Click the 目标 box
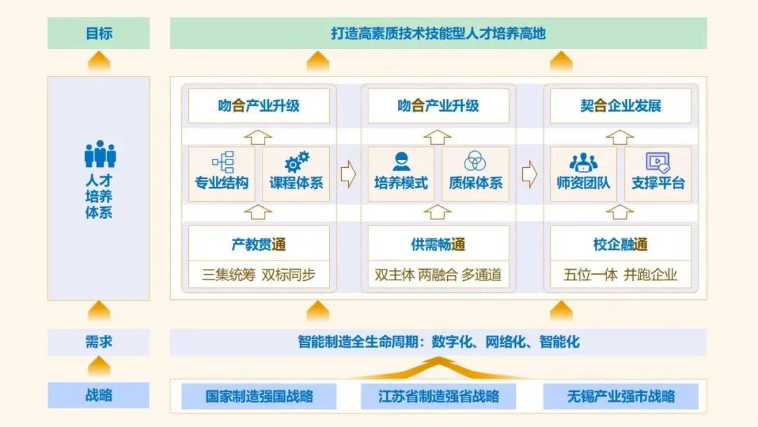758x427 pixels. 98,34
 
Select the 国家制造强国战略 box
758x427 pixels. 259,396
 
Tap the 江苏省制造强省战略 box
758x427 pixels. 439,396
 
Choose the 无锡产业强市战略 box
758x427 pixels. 620,396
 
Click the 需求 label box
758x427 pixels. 98,343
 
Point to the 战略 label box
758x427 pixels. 98,395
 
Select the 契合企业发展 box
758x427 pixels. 620,107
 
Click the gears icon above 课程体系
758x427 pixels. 296,162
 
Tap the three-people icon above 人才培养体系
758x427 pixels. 100,155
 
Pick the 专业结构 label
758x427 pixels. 222,183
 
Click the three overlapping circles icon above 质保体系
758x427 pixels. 476,162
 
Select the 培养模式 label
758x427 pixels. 401,183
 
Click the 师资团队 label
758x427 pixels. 583,183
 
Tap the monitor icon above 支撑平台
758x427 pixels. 658,162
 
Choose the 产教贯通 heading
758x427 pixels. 259,244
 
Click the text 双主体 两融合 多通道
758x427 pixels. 438,275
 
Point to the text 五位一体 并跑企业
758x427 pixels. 620,275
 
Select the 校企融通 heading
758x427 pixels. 620,244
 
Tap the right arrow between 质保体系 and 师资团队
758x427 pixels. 529,173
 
